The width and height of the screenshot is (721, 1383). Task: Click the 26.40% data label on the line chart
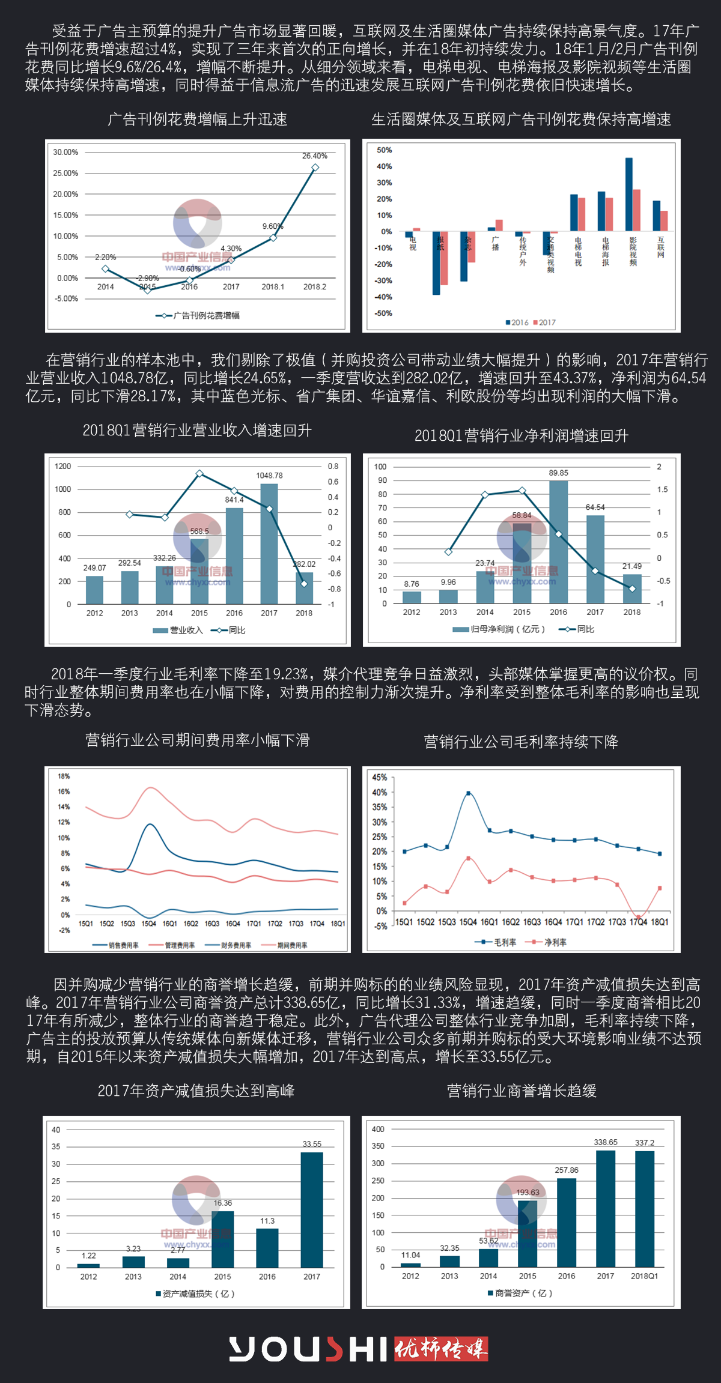tap(314, 156)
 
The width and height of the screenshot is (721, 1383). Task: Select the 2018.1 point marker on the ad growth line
tap(273, 238)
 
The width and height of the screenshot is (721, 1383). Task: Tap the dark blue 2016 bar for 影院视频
tap(628, 195)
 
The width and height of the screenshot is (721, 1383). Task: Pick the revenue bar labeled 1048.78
tap(269, 543)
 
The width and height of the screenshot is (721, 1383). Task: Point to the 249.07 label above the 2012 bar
tap(94, 567)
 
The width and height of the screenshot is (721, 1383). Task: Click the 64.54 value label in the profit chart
tap(595, 507)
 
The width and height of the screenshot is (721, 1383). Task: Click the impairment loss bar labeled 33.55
tap(312, 1209)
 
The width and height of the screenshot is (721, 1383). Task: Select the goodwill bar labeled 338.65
tap(606, 1208)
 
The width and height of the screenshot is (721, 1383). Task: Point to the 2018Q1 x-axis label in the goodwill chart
tap(644, 1276)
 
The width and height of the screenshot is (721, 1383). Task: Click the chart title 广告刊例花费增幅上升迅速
tap(197, 120)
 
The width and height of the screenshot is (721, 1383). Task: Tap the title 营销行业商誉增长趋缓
tap(522, 1091)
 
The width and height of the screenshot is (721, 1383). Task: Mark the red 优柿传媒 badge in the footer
tap(440, 1349)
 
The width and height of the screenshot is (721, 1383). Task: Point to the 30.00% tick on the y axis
tap(65, 153)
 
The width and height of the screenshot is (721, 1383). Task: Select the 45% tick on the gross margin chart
tap(380, 777)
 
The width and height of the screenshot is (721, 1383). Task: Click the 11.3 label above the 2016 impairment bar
tap(267, 1221)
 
